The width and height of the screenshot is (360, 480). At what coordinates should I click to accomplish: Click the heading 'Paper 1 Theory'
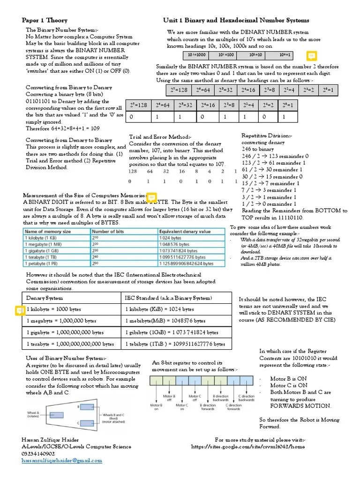coord(45,20)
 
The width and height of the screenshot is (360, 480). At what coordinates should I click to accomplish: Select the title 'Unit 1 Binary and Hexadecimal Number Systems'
coord(236,20)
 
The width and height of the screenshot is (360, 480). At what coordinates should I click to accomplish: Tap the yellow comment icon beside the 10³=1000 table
coord(311,56)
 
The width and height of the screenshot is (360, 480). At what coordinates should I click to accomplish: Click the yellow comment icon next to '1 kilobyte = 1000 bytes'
coord(20,310)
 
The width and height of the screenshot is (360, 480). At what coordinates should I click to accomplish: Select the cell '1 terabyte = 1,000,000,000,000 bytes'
coord(70,344)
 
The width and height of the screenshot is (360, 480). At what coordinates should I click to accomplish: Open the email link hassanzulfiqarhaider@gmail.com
coord(61,461)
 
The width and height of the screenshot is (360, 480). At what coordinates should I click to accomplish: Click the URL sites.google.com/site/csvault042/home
coord(248,447)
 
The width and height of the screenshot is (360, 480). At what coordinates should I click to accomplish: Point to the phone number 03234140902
coord(38,454)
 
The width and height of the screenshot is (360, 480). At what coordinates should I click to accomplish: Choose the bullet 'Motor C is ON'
coord(289,385)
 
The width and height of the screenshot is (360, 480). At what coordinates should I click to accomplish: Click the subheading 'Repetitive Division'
coord(266,135)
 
